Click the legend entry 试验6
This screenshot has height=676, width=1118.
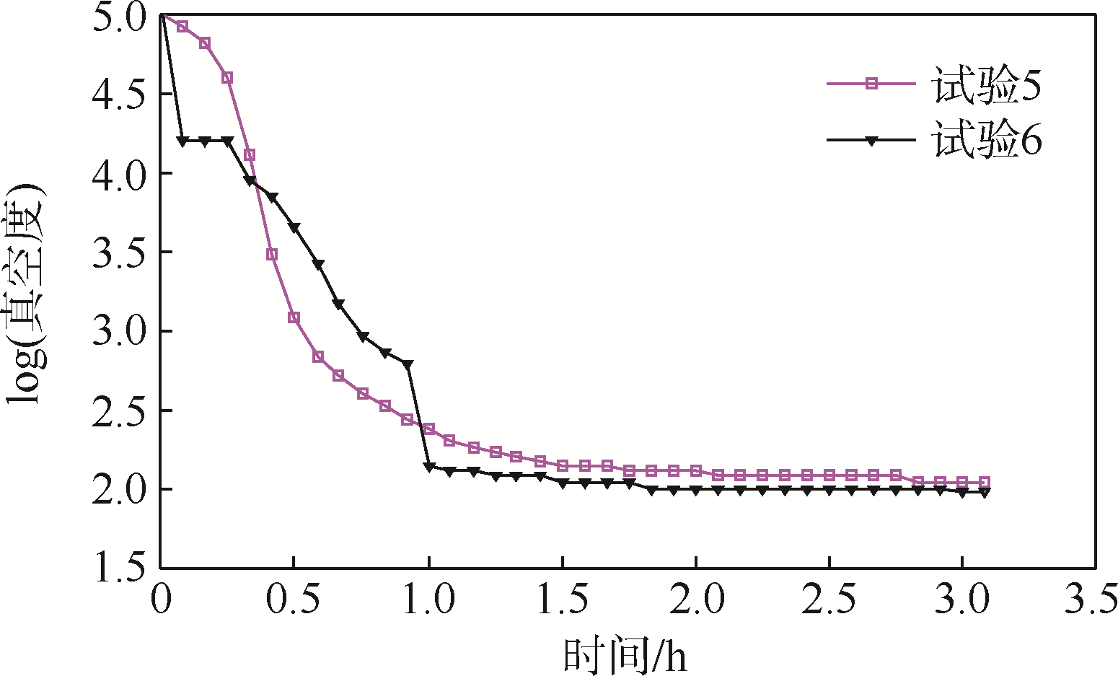(x=986, y=141)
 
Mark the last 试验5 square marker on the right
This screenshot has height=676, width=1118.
(x=985, y=482)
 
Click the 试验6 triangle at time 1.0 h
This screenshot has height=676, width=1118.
(x=429, y=467)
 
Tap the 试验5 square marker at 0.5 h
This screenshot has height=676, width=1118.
(x=294, y=317)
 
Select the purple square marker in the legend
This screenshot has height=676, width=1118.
(x=871, y=84)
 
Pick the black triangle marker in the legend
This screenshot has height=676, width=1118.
(x=871, y=141)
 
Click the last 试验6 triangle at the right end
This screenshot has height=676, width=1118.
(x=985, y=492)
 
